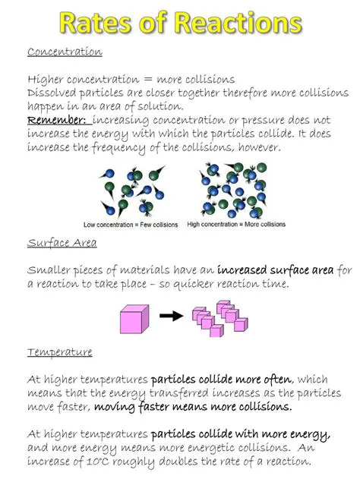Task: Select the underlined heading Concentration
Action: point(65,52)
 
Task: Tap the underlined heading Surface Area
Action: point(62,243)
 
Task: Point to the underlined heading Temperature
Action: point(60,352)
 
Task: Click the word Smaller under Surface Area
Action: point(50,269)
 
